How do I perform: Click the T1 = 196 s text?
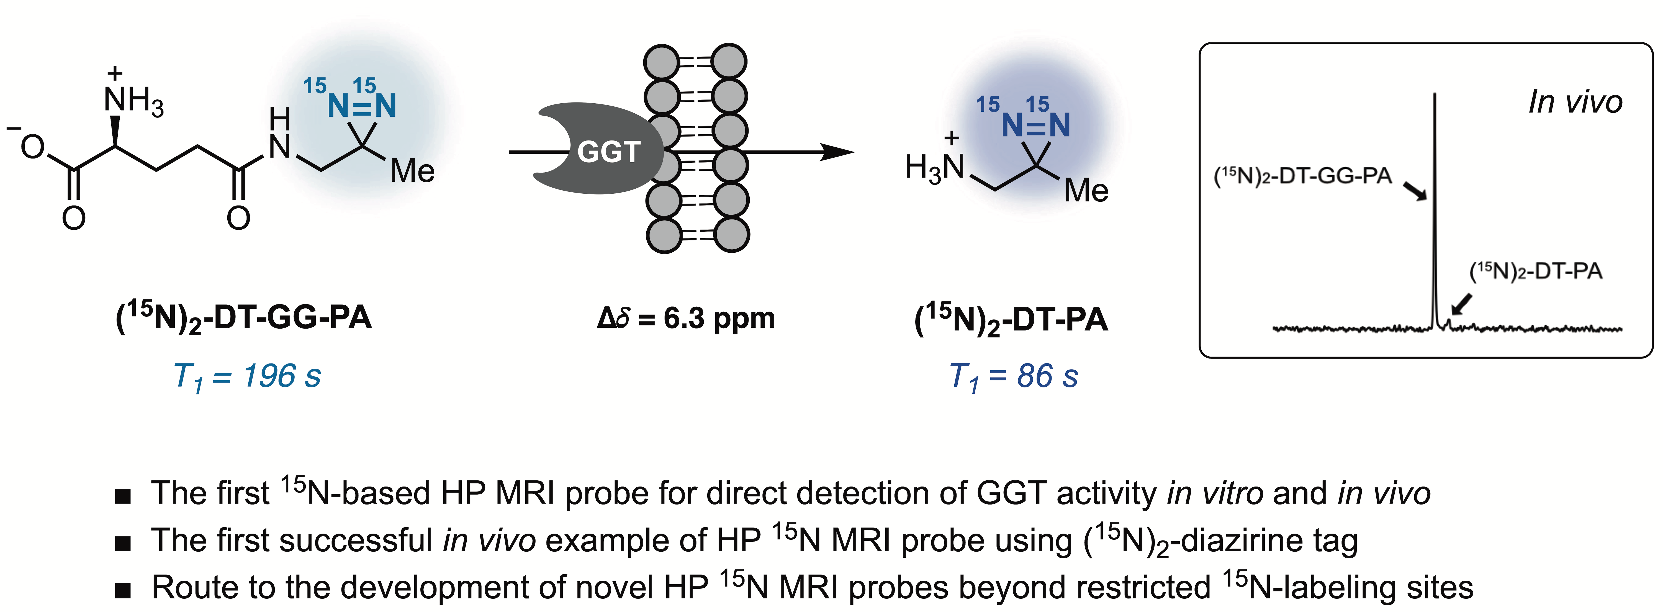click(x=247, y=376)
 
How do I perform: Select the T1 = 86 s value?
click(x=1014, y=376)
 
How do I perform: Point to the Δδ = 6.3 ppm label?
click(x=686, y=318)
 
